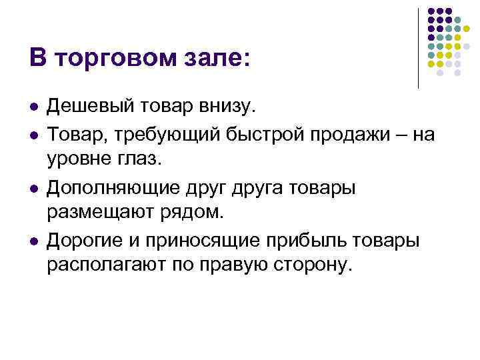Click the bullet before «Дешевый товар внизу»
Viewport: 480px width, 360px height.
33,107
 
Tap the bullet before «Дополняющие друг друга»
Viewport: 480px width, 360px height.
33,188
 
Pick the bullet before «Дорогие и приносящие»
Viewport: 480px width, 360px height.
33,240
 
